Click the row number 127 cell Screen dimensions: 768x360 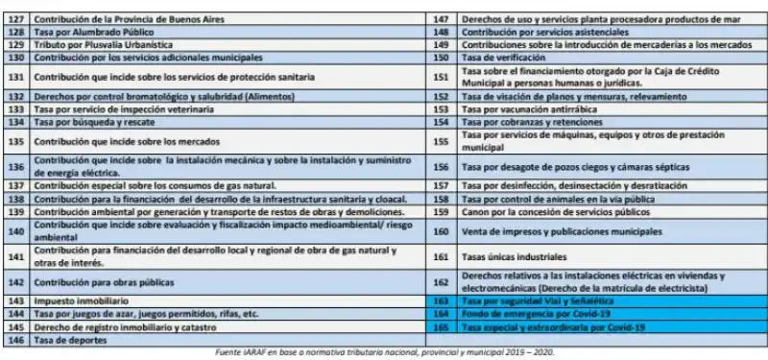click(x=15, y=19)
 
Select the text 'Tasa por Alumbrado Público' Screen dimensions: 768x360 click(x=82, y=32)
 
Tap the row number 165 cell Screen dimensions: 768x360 click(x=441, y=326)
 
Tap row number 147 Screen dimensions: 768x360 click(x=441, y=19)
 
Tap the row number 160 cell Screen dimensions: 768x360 click(x=441, y=231)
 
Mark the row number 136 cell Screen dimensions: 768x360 click(x=15, y=166)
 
